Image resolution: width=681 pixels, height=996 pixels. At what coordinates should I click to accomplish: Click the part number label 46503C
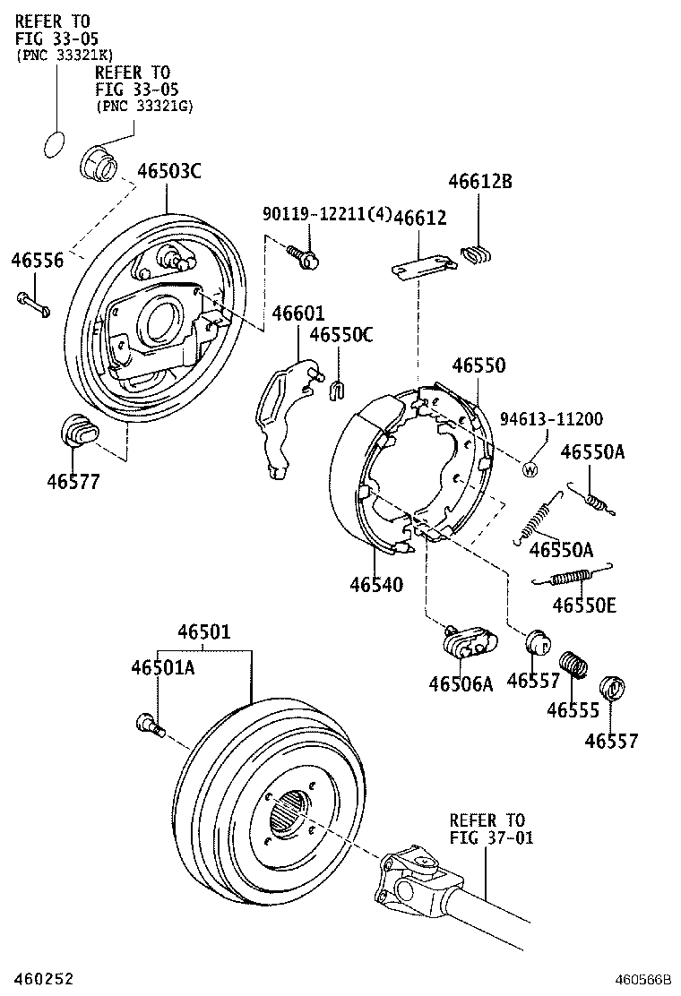169,171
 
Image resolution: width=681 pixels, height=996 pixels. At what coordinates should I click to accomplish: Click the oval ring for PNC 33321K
56,143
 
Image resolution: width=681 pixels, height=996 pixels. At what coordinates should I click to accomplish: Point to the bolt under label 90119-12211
305,257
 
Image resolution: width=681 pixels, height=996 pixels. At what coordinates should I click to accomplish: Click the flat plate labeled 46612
420,265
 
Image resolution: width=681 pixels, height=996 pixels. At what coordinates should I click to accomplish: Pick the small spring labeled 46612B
477,254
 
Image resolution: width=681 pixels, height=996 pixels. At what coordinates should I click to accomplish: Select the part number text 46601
298,313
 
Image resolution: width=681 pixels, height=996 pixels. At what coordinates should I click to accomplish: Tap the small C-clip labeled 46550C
338,389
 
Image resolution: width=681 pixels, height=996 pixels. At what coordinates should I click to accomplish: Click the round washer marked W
530,468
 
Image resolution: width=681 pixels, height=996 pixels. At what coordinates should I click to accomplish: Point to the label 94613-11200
550,419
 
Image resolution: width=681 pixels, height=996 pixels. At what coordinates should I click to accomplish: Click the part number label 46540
376,585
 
